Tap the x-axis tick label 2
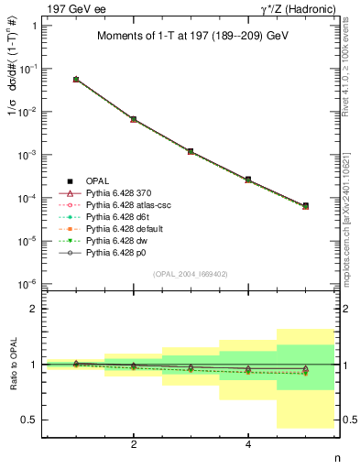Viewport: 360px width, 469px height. coord(134,446)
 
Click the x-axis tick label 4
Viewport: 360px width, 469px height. coord(248,446)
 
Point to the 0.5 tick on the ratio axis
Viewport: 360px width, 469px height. coord(34,420)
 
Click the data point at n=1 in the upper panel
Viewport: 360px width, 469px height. coord(76,80)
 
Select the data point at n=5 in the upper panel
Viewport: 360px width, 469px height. coord(305,206)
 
